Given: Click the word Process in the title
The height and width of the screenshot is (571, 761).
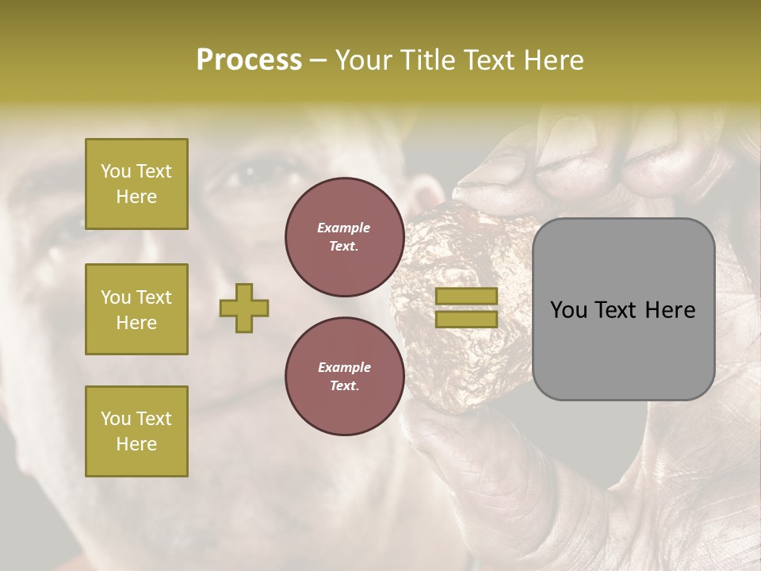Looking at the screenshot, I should [x=249, y=60].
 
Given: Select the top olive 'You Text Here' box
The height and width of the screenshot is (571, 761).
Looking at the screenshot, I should [x=136, y=184].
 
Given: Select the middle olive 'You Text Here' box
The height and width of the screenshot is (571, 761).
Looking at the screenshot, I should [x=136, y=309].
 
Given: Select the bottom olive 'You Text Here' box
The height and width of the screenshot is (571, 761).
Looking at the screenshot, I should [x=136, y=431].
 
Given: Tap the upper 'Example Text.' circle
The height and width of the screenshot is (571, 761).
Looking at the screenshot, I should [x=344, y=237].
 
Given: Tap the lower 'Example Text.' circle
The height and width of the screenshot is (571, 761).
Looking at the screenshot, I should [x=344, y=377].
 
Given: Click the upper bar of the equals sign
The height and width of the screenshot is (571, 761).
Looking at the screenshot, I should [x=466, y=297].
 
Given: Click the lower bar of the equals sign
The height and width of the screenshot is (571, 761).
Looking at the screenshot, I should [x=466, y=319].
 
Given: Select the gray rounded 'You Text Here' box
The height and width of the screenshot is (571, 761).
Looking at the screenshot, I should [x=623, y=309].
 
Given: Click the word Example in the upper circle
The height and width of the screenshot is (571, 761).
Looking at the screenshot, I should [x=344, y=228].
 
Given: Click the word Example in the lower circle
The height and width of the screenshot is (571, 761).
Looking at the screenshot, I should [x=344, y=367].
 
